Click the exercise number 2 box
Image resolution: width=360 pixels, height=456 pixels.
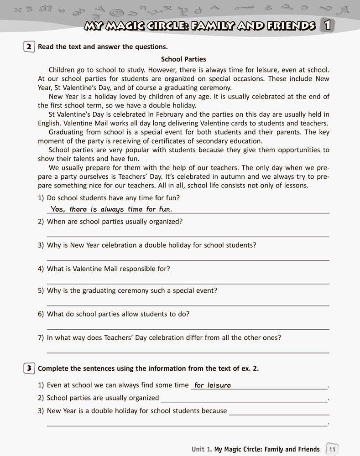29,47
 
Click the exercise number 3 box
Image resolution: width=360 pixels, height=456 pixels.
29,368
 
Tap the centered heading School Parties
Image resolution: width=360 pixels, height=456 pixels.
183,59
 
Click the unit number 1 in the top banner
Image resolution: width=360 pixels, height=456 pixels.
327,25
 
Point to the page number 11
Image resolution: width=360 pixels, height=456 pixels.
332,449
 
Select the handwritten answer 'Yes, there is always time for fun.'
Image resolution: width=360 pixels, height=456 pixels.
111,209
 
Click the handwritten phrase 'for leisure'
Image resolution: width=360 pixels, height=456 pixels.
213,385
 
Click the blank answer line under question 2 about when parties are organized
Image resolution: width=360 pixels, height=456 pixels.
188,236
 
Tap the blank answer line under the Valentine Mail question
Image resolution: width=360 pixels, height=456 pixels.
188,283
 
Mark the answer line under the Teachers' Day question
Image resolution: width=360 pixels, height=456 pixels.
188,352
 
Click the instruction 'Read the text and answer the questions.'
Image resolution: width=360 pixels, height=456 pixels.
103,47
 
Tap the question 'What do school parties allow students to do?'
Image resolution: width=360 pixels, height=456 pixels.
118,314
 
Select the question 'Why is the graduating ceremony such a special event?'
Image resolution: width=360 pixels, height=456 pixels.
132,290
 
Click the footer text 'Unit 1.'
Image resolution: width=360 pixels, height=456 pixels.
201,449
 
